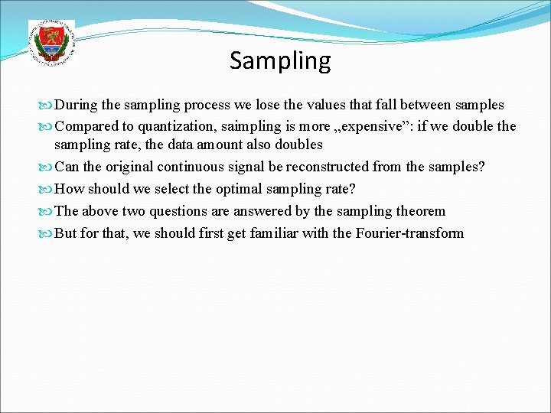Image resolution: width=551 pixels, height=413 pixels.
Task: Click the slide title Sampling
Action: (x=280, y=60)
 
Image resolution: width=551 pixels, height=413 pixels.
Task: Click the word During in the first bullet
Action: (x=74, y=105)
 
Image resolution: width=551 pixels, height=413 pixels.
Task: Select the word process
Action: (x=210, y=105)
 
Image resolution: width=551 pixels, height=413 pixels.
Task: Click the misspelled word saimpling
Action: (x=243, y=126)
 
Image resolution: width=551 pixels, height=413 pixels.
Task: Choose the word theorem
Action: (x=420, y=211)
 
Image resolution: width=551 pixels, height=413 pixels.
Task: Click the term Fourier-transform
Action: (x=409, y=233)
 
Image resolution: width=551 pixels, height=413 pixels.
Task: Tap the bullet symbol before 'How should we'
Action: (x=48, y=189)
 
